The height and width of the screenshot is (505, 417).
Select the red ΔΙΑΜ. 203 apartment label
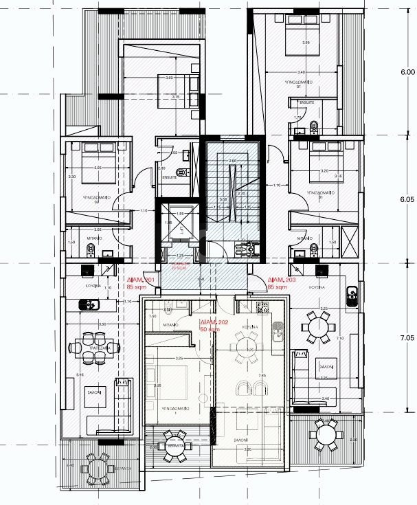point(281,280)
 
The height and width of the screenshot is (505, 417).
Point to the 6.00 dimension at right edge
point(407,71)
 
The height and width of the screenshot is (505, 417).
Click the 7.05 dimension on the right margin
point(407,338)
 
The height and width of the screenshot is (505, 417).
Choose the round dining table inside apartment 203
point(318,327)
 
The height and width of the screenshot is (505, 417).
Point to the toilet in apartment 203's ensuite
point(314,126)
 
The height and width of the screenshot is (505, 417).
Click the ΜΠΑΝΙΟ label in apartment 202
point(171,324)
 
